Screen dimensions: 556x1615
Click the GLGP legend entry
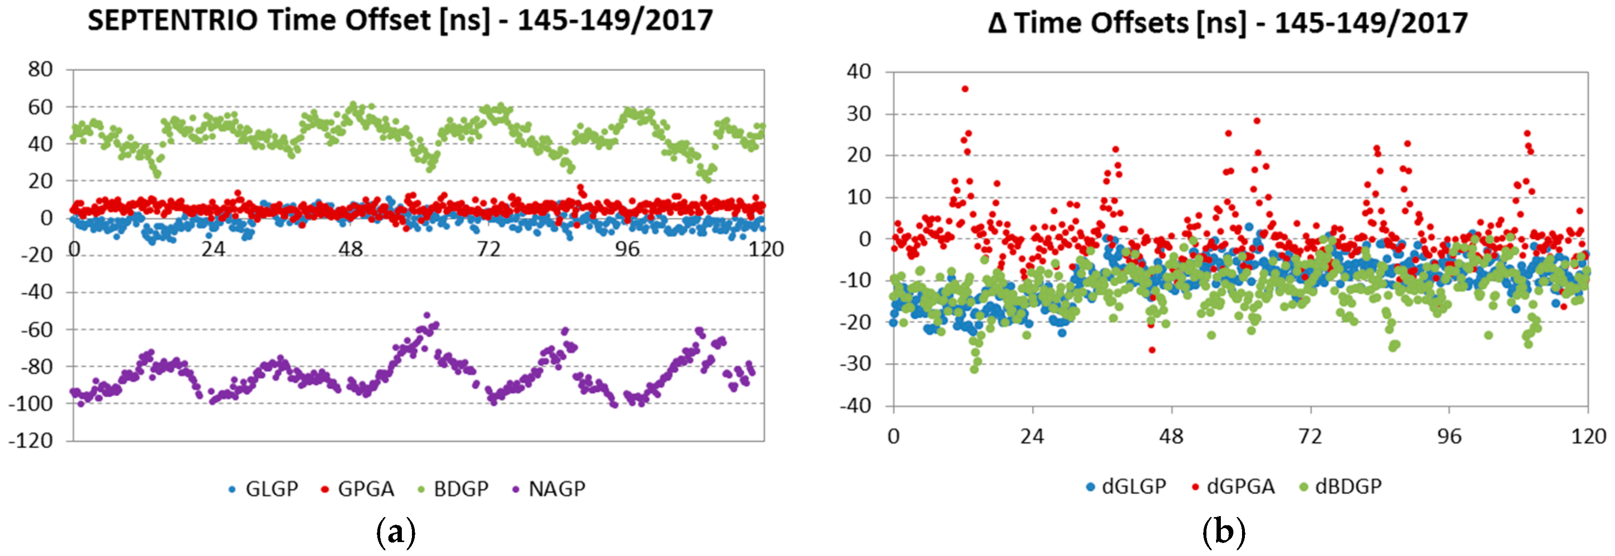(x=263, y=489)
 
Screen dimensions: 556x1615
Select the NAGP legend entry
(x=548, y=489)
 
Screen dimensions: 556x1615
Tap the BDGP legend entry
(x=453, y=489)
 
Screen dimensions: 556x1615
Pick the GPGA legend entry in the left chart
(x=357, y=489)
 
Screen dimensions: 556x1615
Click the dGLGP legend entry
(x=1126, y=486)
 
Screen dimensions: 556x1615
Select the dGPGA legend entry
(x=1233, y=486)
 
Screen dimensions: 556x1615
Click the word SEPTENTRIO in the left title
(x=173, y=21)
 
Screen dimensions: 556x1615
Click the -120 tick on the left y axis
(x=31, y=441)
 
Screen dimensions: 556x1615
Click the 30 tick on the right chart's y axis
(x=859, y=113)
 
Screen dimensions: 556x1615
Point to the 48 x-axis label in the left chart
(x=350, y=249)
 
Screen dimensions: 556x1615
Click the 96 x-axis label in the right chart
(x=1449, y=436)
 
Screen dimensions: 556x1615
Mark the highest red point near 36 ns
(x=965, y=89)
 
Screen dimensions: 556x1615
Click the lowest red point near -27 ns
(x=1152, y=350)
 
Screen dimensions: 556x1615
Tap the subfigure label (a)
(x=396, y=533)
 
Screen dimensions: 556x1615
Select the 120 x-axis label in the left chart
(x=766, y=249)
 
